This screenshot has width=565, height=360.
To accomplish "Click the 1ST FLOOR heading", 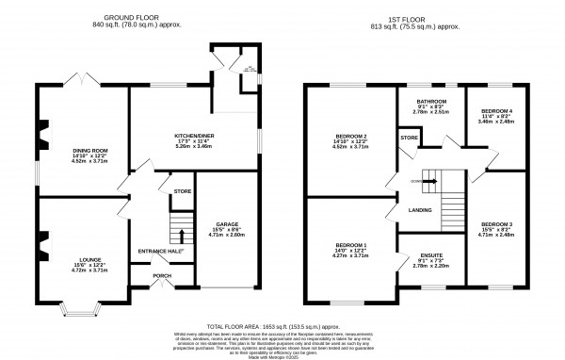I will click(x=424, y=16).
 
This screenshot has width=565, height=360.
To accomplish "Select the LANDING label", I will click(x=420, y=209).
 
